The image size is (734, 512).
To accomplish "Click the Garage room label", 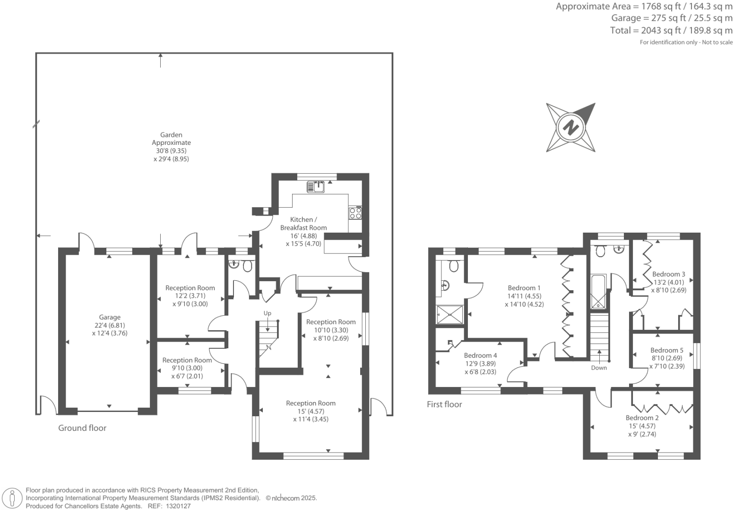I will (x=110, y=318).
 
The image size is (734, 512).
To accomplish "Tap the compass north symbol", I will (x=570, y=127).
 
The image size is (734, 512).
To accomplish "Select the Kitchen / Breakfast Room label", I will (x=303, y=223).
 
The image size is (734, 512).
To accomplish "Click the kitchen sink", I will (x=316, y=187).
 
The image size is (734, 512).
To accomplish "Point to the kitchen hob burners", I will (x=355, y=213).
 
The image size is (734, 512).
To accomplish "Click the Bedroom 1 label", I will (x=524, y=288).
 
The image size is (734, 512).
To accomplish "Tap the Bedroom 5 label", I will (x=666, y=350).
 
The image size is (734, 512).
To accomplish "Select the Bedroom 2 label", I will (x=642, y=418).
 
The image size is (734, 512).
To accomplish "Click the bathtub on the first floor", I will (x=598, y=292).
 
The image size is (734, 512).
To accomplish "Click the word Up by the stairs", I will (x=268, y=313).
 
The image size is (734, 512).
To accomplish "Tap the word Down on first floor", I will (x=599, y=368).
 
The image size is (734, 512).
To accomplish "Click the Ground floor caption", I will (x=82, y=428).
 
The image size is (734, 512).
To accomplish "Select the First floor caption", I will (x=444, y=404).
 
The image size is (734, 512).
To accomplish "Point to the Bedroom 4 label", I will (x=480, y=355).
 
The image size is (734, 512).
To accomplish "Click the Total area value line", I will (x=671, y=31).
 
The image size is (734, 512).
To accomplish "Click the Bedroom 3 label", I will (x=668, y=274).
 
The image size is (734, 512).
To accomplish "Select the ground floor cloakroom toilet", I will (x=247, y=267).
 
